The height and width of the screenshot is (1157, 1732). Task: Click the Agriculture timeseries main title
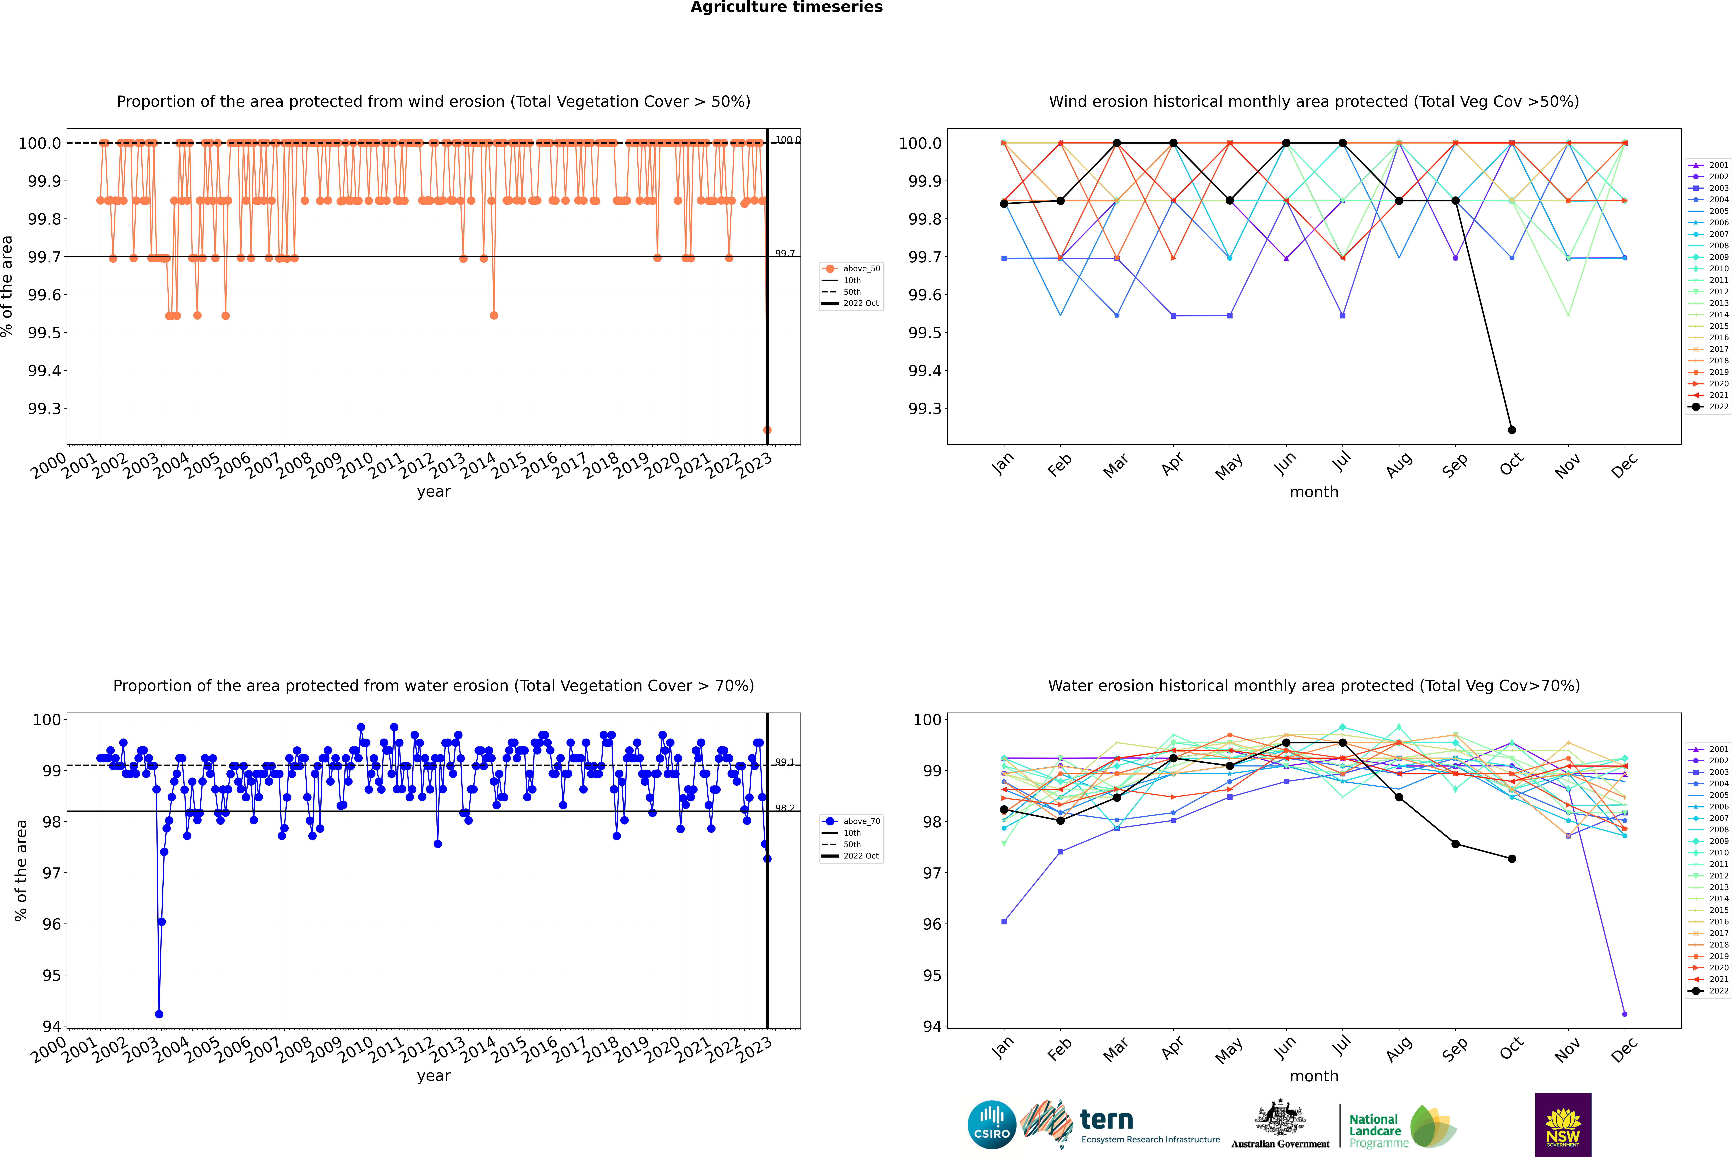[x=786, y=7]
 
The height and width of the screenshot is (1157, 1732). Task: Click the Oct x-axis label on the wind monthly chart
[x=1511, y=465]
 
